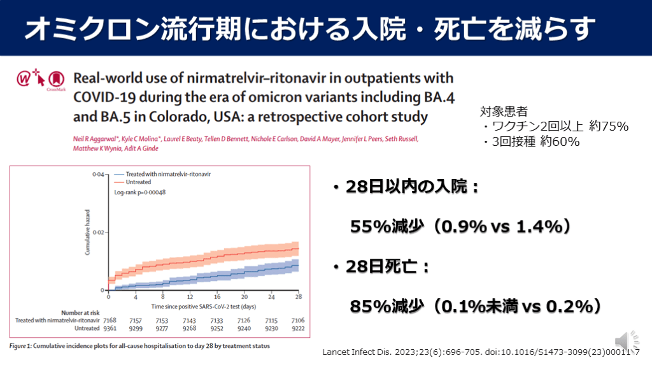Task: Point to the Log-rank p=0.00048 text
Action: click(x=140, y=192)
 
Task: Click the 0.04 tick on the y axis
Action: click(x=98, y=174)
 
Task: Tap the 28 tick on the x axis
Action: click(x=299, y=298)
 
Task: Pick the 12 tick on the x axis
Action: click(x=190, y=298)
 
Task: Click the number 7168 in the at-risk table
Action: click(x=110, y=320)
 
